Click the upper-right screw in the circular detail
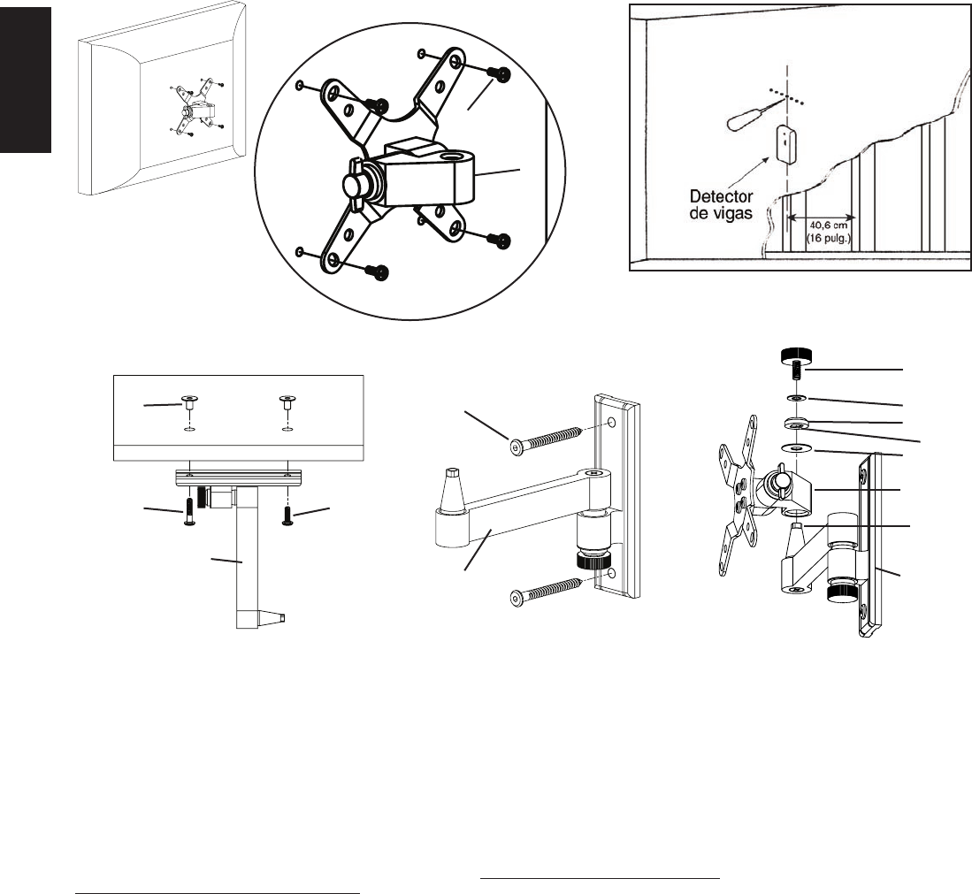pyautogui.click(x=501, y=75)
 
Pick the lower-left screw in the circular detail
pyautogui.click(x=380, y=272)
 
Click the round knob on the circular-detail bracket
pyautogui.click(x=355, y=187)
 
